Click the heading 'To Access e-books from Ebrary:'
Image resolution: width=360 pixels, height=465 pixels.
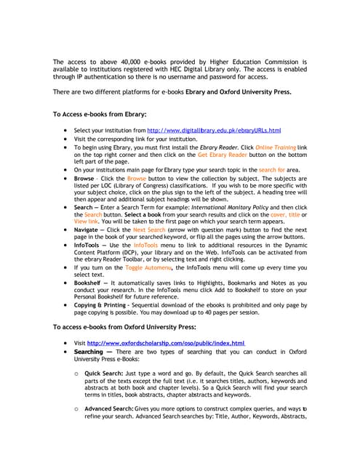coord(100,115)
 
